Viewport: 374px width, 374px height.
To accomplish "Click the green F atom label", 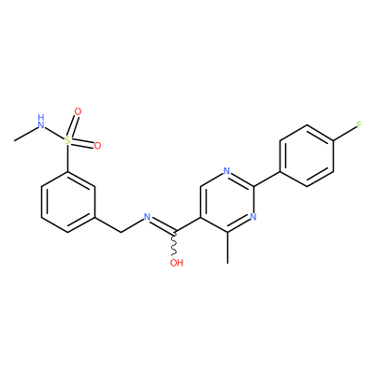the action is point(359,125).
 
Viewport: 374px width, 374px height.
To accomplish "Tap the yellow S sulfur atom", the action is point(67,140).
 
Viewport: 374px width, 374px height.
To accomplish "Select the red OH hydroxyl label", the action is point(177,263).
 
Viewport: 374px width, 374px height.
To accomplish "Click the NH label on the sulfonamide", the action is point(41,122).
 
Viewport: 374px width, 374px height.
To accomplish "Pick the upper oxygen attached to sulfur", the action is point(78,111).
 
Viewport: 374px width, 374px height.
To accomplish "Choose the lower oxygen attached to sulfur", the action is point(97,146).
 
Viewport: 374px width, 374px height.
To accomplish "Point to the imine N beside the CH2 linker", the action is point(147,217).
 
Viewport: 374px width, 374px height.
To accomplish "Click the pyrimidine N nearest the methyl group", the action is point(253,217).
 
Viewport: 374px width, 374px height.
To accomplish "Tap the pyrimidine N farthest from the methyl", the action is point(226,171).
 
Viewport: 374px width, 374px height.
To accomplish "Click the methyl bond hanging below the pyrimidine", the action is point(228,248).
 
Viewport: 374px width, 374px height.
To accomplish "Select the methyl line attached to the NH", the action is point(25,134).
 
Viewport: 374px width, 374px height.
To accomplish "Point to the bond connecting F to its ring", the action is point(345,134).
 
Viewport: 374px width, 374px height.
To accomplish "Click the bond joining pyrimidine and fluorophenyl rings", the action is point(267,179).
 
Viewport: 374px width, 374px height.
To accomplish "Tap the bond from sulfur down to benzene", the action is point(67,158).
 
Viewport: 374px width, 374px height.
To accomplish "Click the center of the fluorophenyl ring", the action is point(307,156).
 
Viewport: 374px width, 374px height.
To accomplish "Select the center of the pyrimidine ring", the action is point(228,202).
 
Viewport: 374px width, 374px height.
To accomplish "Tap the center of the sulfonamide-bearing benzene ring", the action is point(67,202).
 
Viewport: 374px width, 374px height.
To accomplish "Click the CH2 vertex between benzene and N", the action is point(121,232).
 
